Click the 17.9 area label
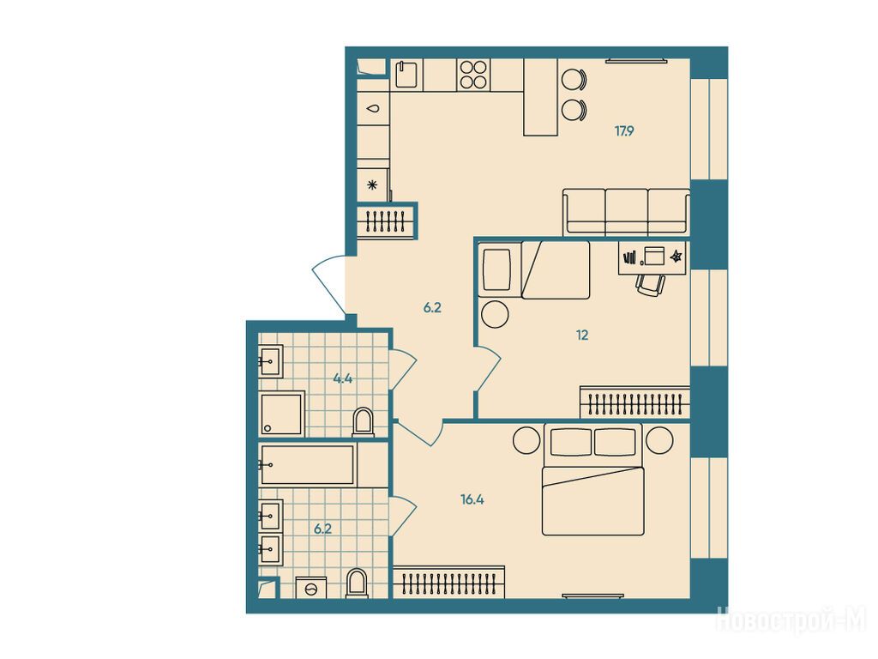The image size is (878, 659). (624, 131)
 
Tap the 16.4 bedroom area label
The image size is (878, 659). (472, 499)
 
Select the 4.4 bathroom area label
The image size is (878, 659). (343, 378)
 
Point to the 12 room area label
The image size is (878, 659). (582, 336)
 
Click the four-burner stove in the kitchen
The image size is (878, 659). (473, 75)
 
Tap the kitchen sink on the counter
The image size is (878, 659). (406, 75)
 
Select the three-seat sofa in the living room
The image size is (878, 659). (626, 212)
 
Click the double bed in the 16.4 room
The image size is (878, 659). (593, 480)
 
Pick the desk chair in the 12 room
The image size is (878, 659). (650, 285)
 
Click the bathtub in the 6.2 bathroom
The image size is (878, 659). (308, 464)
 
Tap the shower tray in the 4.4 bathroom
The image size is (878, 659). (281, 414)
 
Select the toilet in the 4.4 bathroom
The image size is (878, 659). (364, 422)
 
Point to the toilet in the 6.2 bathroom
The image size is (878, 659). (357, 583)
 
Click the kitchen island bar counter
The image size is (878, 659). (541, 97)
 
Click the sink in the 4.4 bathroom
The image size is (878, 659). (270, 361)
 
